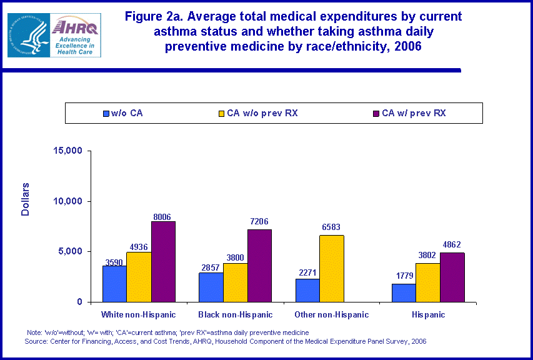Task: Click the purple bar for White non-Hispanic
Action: point(163,261)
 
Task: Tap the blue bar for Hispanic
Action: point(404,292)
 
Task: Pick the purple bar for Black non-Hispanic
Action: point(259,266)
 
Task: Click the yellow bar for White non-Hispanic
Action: point(139,277)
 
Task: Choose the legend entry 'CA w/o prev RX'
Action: point(262,113)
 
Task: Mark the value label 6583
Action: point(332,227)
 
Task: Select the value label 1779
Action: point(404,276)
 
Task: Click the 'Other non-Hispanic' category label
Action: point(332,314)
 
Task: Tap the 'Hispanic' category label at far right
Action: point(428,314)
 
